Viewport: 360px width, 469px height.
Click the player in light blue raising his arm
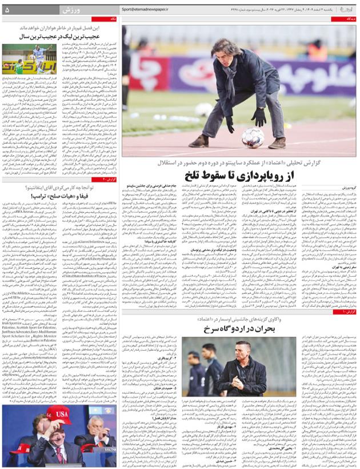click(x=34, y=57)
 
